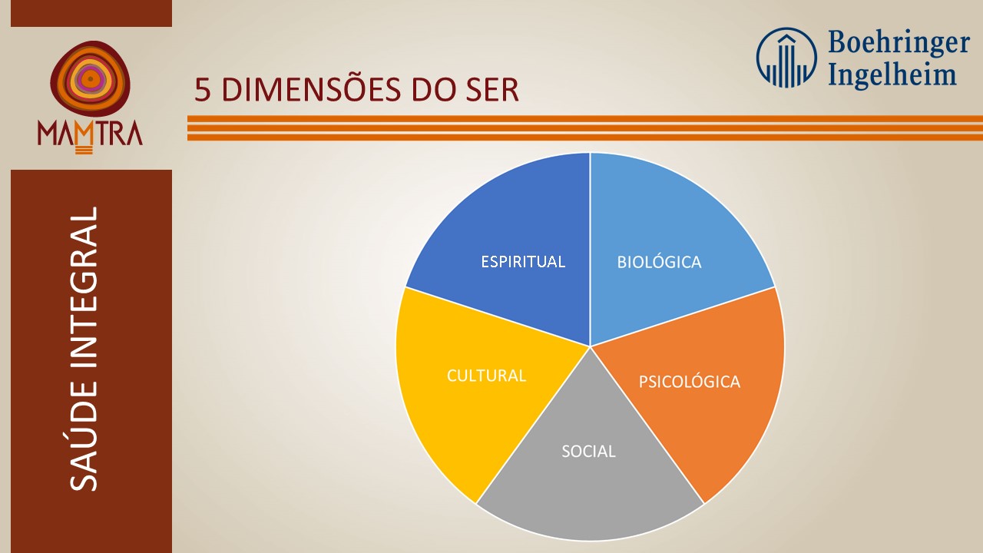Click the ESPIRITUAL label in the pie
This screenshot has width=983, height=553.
[523, 262]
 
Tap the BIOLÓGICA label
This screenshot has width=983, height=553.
[659, 262]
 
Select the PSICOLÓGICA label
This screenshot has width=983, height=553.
[690, 381]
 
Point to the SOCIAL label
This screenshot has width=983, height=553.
[588, 451]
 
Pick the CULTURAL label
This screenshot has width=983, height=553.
[486, 376]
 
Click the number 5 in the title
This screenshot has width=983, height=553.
[202, 90]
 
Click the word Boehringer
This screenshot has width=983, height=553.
[899, 44]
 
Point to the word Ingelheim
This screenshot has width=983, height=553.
[892, 74]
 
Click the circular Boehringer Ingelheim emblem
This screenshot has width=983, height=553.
[786, 58]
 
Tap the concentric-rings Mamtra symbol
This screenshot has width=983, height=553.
[91, 79]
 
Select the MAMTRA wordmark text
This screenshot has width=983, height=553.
[90, 133]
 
